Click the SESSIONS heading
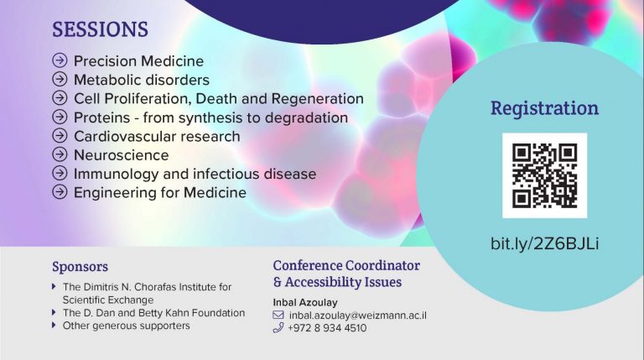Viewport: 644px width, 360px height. [x=100, y=29]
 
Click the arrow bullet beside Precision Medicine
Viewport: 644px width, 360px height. [x=60, y=60]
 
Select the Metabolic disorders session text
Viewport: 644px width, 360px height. [x=141, y=80]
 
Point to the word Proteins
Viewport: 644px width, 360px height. [x=101, y=117]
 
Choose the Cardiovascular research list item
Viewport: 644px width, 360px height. [x=157, y=137]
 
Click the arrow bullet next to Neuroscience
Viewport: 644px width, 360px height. [x=60, y=154]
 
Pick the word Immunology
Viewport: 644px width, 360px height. [x=117, y=175]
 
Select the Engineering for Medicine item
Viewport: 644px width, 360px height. [x=160, y=193]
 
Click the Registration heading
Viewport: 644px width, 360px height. [x=544, y=108]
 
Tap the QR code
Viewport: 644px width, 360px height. [x=544, y=175]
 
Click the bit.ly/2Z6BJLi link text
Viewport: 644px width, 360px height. [x=544, y=243]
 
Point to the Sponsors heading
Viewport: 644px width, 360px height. [x=80, y=267]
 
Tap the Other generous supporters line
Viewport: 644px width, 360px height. [x=126, y=326]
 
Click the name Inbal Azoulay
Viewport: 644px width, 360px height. [x=305, y=302]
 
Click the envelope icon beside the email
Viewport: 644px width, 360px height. [x=278, y=316]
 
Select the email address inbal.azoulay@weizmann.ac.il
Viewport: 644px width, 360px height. [x=358, y=316]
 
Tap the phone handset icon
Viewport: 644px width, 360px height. [x=278, y=327]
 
